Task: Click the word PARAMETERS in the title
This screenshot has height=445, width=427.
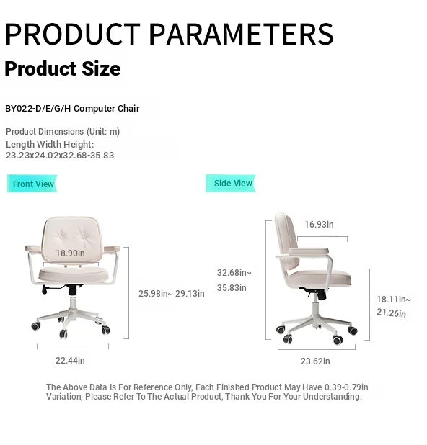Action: pyautogui.click(x=241, y=34)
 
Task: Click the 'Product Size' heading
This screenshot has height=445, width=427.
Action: pyautogui.click(x=63, y=68)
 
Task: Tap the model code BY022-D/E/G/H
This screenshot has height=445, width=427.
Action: pyautogui.click(x=38, y=109)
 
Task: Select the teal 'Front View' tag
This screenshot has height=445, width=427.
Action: pyautogui.click(x=32, y=184)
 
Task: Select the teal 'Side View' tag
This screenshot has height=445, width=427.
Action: pyautogui.click(x=231, y=184)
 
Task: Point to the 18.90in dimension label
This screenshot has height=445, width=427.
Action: pyautogui.click(x=70, y=253)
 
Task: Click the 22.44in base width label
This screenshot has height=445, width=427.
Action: pyautogui.click(x=70, y=361)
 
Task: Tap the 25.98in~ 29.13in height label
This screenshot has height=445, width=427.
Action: pyautogui.click(x=172, y=294)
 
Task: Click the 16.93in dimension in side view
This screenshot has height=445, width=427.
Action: pyautogui.click(x=319, y=225)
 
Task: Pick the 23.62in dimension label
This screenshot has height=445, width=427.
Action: pyautogui.click(x=315, y=361)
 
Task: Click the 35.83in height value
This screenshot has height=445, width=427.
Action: pyautogui.click(x=232, y=288)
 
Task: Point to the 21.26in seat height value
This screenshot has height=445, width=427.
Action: pyautogui.click(x=391, y=313)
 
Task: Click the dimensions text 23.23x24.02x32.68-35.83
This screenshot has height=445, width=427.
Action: pyautogui.click(x=60, y=156)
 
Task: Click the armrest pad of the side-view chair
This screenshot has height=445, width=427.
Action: pyautogui.click(x=309, y=252)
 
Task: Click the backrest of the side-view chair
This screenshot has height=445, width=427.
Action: pyautogui.click(x=287, y=242)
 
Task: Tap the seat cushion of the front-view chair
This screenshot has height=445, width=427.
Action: pyautogui.click(x=74, y=274)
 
